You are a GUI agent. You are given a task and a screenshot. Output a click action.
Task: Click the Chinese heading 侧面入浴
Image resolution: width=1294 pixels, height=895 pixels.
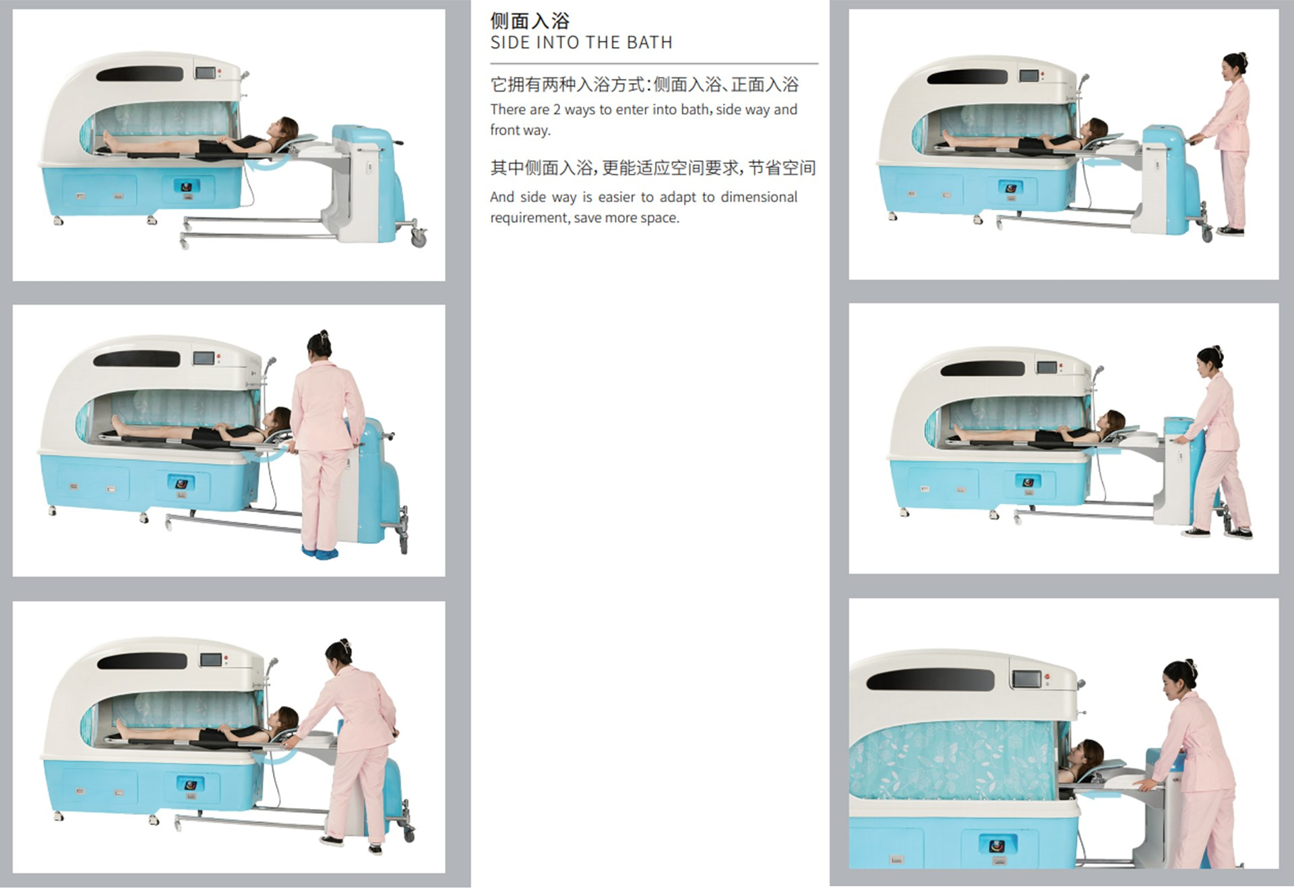530,21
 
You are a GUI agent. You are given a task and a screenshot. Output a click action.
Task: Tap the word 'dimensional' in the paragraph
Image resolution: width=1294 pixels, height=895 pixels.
759,197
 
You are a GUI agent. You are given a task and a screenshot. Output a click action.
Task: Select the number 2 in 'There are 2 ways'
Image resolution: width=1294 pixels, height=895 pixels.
557,110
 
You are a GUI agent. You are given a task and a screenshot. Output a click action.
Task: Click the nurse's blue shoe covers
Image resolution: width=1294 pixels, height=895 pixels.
320,553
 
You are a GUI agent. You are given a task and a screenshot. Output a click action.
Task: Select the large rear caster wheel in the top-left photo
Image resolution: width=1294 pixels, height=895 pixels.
419,237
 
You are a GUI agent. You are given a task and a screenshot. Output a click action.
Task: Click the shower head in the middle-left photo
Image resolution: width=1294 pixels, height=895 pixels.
271,363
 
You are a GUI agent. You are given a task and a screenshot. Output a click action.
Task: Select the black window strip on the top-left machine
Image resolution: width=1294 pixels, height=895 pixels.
140,73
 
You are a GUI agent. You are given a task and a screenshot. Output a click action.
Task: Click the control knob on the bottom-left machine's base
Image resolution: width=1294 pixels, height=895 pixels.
189,784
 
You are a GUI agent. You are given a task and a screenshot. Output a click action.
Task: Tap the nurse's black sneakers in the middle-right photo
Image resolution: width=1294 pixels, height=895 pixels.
1217,533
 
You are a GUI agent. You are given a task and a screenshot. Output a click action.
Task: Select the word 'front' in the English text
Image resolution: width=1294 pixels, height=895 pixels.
505,130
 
